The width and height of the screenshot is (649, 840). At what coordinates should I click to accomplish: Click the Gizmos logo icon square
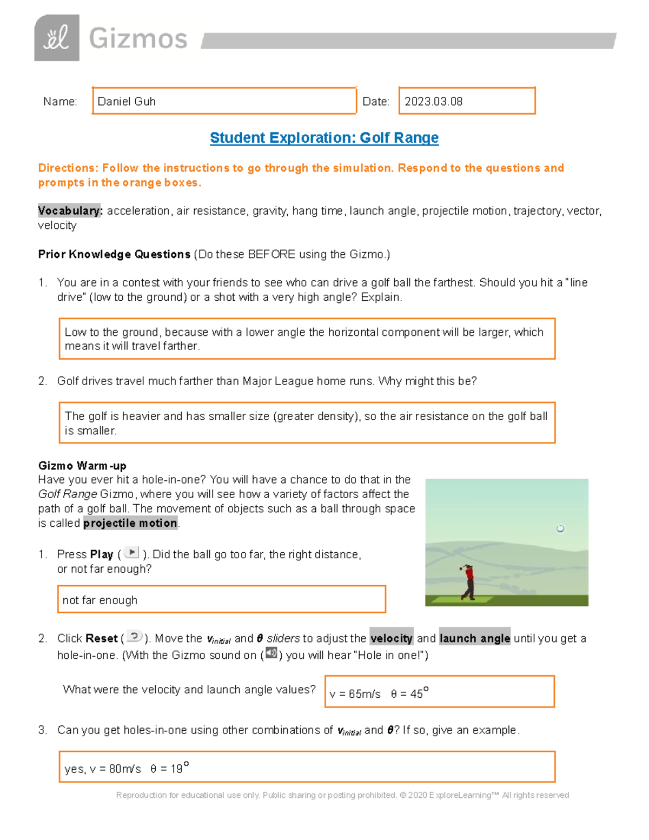pos(57,38)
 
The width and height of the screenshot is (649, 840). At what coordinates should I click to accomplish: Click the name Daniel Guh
pos(127,102)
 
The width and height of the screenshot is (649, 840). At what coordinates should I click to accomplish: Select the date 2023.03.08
pos(433,102)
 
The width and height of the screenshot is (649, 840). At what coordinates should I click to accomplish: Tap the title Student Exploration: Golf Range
pos(324,138)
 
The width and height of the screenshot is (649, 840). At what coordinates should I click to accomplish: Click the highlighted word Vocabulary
pos(70,211)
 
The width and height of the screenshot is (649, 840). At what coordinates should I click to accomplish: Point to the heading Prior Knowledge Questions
pos(114,254)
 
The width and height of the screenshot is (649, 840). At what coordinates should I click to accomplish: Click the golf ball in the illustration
pos(560,528)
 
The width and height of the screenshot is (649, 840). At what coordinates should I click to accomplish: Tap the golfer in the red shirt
pos(468,582)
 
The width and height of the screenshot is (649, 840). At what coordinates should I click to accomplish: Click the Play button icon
pos(131,552)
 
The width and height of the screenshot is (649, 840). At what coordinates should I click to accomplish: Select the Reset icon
pos(134,637)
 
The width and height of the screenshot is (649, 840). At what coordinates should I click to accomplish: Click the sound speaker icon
pos(271,653)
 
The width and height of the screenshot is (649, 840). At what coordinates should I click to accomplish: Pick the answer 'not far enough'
pos(100,600)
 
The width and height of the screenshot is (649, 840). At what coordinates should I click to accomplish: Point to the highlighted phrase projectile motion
pos(130,523)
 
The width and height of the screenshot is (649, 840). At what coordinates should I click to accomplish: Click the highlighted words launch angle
pos(474,639)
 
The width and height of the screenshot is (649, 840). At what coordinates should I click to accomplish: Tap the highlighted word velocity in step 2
pos(392,639)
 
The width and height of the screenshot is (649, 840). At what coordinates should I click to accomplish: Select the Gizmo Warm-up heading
pos(82,466)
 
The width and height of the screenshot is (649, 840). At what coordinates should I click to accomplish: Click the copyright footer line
pos(342,795)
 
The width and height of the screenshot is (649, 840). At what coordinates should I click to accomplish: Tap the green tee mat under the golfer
pos(462,599)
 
